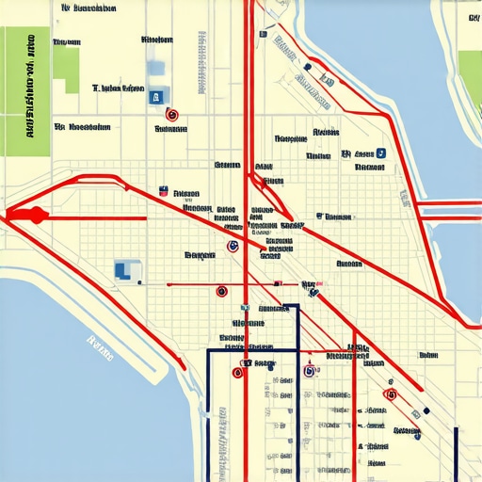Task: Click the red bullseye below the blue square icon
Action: (x=171, y=115)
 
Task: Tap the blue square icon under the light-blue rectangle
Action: (x=156, y=95)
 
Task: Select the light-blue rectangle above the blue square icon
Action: (x=156, y=69)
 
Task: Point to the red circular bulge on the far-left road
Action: (x=38, y=216)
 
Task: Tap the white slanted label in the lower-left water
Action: (x=98, y=348)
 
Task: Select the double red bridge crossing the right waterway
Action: (x=449, y=207)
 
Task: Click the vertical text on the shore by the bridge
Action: (x=402, y=196)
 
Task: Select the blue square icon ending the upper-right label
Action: (x=381, y=153)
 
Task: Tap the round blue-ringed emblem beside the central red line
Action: (x=232, y=247)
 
